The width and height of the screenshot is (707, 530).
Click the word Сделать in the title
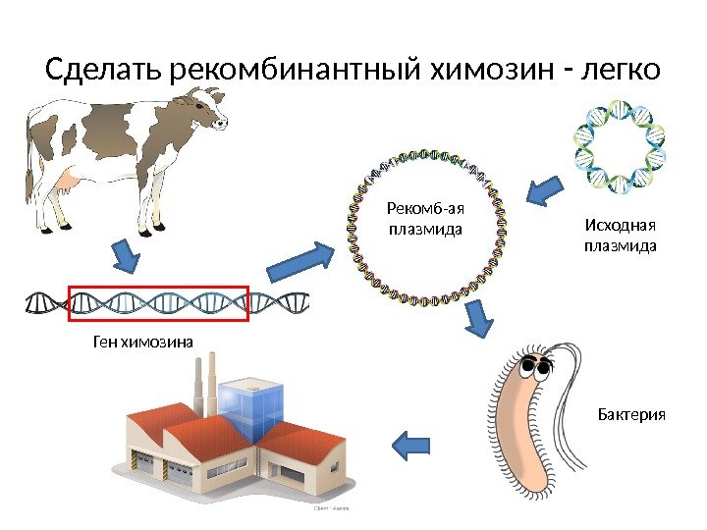[106, 71]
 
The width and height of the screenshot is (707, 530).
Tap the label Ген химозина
[143, 341]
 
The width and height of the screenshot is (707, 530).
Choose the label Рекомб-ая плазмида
[425, 219]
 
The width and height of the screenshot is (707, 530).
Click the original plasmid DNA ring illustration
[620, 144]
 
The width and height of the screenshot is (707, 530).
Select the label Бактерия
[631, 415]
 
